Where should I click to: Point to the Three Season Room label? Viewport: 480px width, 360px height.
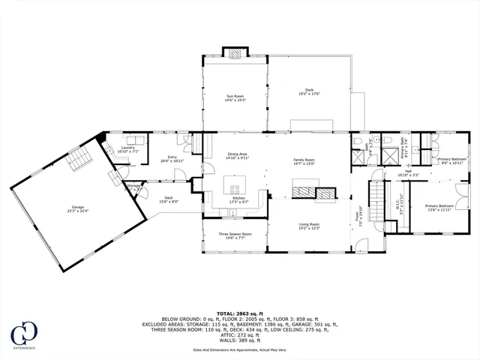(235, 235)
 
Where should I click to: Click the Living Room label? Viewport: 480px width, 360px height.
(310, 226)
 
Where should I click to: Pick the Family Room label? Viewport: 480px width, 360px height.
(304, 162)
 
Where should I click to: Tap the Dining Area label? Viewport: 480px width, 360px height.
(238, 156)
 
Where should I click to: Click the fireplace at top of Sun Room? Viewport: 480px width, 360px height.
(235, 53)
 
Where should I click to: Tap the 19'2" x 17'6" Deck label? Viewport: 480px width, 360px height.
(308, 91)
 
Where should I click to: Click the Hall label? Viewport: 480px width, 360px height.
(409, 173)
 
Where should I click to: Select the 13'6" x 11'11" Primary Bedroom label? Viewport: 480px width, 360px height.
(440, 208)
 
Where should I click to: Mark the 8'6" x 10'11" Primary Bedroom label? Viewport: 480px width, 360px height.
(452, 160)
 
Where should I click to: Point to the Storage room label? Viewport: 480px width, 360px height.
(133, 187)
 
